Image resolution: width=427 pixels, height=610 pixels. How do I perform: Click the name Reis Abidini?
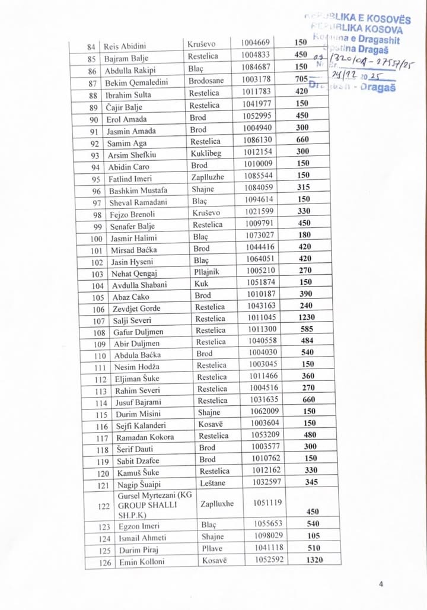coord(125,46)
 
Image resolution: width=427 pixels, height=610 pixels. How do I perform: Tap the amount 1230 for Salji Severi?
coord(307,317)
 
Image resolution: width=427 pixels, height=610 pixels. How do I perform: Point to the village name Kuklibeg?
coord(206,153)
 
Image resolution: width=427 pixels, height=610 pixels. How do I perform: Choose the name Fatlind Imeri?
coord(130,179)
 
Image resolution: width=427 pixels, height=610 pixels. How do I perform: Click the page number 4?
coord(381,584)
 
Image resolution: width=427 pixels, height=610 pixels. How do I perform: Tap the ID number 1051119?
coord(268,503)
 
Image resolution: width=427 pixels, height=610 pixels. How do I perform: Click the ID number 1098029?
coord(269,537)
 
